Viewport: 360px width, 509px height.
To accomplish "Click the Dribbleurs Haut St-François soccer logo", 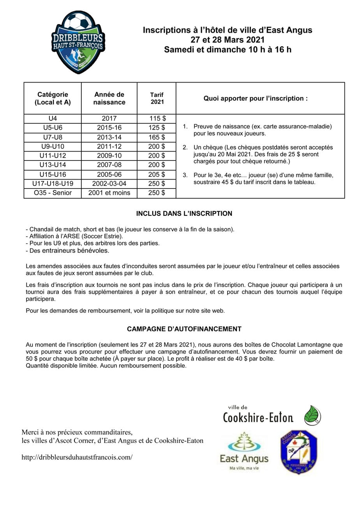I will (78, 42).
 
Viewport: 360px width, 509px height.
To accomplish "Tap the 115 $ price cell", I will (157, 118).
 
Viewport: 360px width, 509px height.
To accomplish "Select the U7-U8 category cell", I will (53, 137).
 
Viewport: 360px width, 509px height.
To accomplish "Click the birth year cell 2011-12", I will (109, 146).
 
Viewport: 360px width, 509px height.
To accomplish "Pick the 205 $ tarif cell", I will (157, 174).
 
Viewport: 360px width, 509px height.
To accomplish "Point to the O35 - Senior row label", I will (53, 193).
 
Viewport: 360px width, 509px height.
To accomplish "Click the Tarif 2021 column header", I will (157, 98).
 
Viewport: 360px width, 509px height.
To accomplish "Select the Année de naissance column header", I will (109, 98).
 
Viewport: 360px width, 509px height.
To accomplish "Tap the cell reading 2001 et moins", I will (109, 193).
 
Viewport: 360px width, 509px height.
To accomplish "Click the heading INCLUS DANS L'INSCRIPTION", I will (184, 213).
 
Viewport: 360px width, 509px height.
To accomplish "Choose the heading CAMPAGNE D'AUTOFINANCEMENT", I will (184, 329).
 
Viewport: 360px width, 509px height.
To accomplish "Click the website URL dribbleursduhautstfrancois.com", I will (77, 457).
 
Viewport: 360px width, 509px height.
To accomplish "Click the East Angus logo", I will (244, 452).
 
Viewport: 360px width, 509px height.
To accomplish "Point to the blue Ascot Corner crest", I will (299, 452).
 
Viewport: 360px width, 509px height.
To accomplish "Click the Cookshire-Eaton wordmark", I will (258, 417).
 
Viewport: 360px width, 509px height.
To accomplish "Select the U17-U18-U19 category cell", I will (53, 183).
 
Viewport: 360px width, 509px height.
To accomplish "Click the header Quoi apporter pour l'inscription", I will (256, 98).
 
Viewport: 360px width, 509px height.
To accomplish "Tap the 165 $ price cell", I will (157, 137).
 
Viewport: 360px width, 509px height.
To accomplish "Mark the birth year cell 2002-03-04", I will (109, 183).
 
